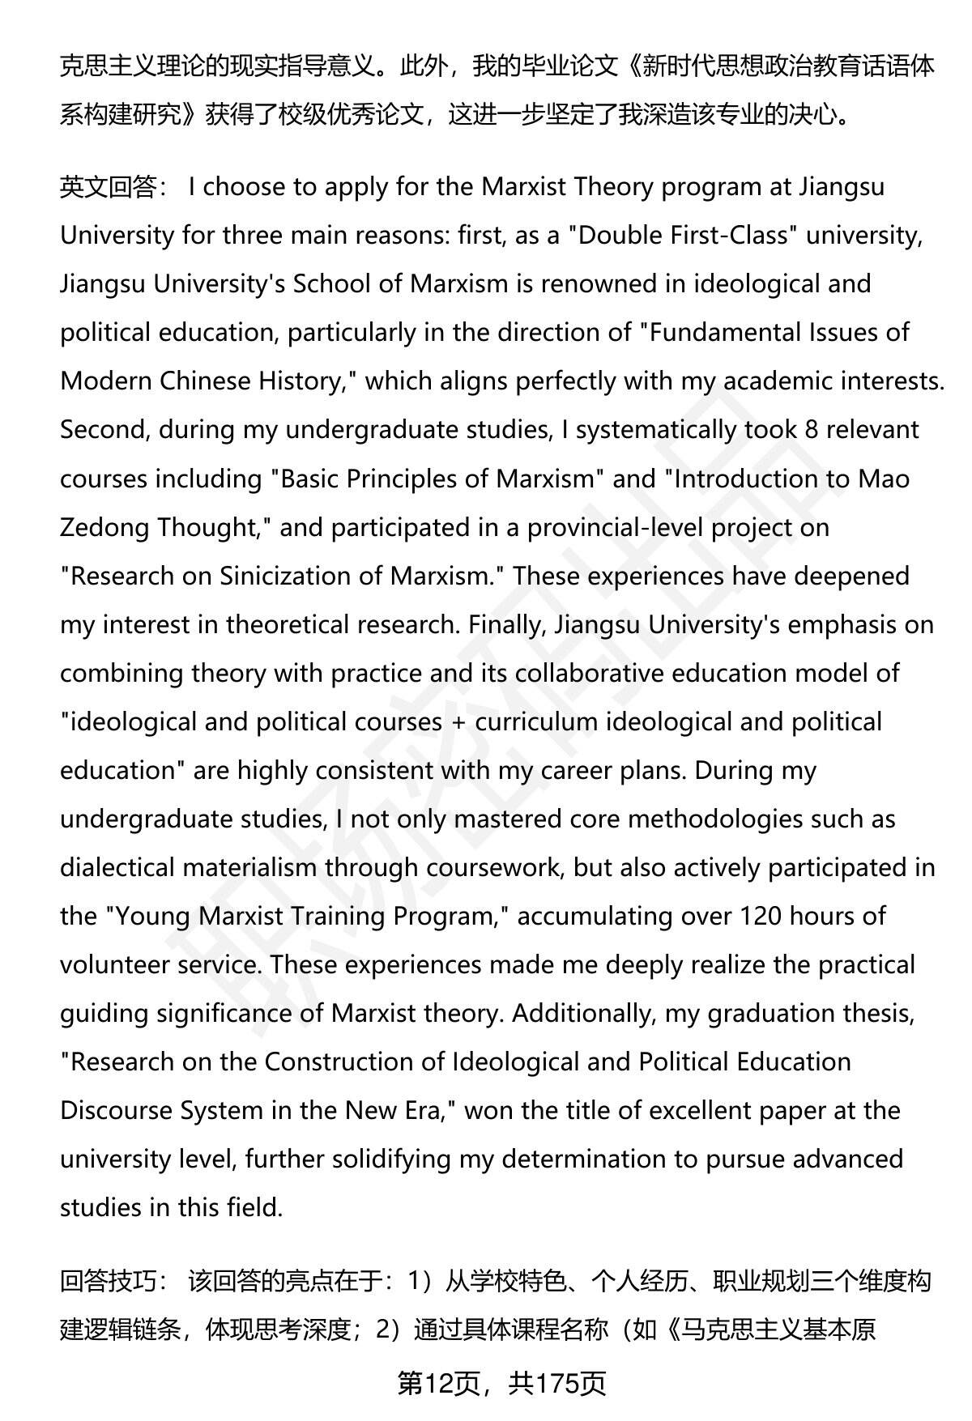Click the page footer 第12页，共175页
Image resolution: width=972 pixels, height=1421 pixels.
[x=501, y=1384]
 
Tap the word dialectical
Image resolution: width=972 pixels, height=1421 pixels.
[x=117, y=867]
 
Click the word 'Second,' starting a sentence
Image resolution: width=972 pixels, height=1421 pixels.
[x=104, y=430]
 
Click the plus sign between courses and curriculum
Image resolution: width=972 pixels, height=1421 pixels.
[x=458, y=721]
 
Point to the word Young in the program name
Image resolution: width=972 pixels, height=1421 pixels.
[x=153, y=916]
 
